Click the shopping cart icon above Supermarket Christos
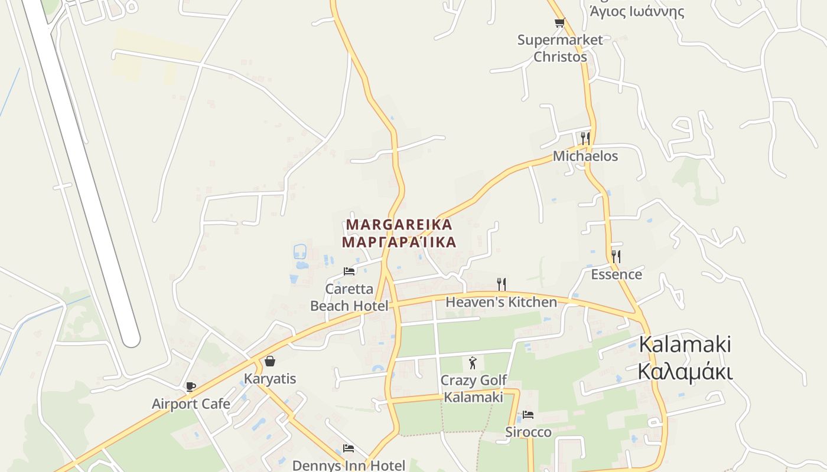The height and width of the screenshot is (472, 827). click(559, 23)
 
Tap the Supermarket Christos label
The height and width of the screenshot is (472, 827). click(559, 48)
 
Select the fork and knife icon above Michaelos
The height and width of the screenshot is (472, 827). click(585, 138)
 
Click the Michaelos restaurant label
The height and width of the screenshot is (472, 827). click(585, 156)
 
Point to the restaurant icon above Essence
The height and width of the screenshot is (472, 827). click(616, 256)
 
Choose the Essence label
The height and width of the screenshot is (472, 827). click(616, 274)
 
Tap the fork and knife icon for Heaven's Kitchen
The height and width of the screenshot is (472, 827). click(501, 284)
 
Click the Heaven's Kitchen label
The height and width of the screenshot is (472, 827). click(501, 303)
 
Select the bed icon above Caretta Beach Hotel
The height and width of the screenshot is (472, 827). click(349, 271)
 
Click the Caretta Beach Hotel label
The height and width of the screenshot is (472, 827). click(349, 297)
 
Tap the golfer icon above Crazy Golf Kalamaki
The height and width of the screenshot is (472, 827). click(472, 363)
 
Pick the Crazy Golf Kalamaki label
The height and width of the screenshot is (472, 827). click(473, 389)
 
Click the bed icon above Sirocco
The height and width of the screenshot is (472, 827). click(528, 415)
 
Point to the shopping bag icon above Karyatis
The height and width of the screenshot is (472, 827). click(270, 360)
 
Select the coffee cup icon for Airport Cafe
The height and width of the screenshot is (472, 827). click(190, 386)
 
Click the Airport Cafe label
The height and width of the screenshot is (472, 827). click(191, 404)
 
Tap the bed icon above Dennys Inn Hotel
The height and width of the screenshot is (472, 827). click(349, 448)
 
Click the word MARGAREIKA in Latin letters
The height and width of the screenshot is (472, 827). click(399, 225)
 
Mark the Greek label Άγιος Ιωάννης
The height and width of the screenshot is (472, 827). click(636, 11)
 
